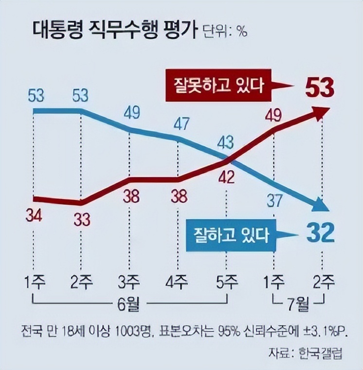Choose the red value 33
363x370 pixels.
coord(81,220)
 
